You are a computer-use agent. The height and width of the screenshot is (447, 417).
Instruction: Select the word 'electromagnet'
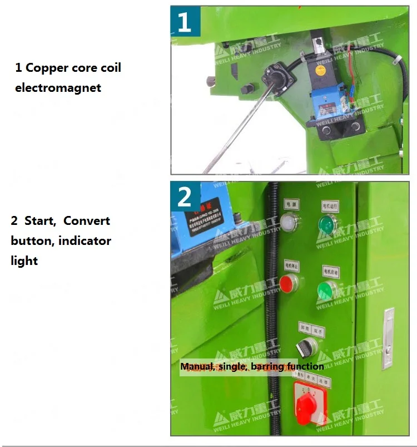(58, 87)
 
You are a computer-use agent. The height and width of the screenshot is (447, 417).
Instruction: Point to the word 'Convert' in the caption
(87, 220)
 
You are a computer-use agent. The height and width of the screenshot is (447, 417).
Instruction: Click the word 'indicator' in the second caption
(84, 240)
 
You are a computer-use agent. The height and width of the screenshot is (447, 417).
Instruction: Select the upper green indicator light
(327, 224)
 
